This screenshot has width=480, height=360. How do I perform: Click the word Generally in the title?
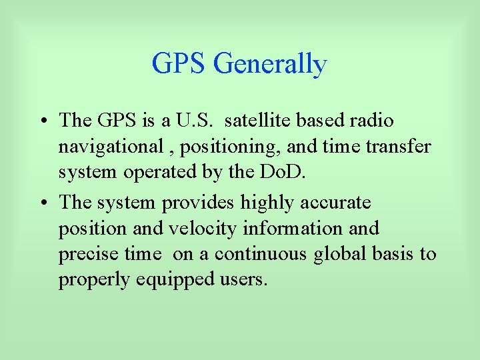point(270,65)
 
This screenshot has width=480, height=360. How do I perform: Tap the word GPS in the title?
point(180,65)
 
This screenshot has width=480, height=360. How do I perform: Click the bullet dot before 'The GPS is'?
point(42,121)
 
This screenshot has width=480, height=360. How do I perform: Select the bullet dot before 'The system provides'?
point(42,203)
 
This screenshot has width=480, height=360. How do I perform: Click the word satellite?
point(262,121)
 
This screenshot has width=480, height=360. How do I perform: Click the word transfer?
point(399,147)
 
